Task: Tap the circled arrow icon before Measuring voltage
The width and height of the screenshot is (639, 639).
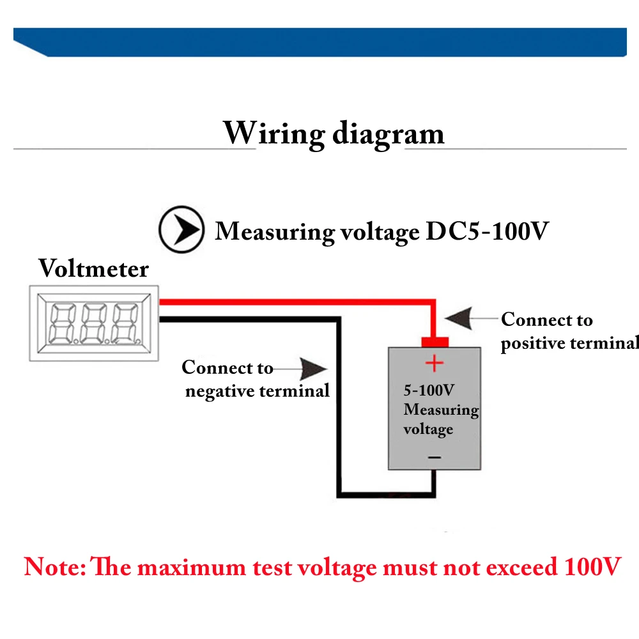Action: [181, 229]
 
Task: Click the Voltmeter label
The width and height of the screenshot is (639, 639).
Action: [93, 268]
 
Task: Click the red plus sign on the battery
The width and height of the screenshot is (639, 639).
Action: [435, 364]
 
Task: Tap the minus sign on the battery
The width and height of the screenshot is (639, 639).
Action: [434, 457]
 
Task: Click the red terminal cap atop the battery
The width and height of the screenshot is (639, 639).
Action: [435, 341]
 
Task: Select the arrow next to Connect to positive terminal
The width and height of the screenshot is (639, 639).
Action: [463, 317]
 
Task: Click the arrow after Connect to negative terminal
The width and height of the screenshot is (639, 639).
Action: [311, 369]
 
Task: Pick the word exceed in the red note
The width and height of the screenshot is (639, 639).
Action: [518, 567]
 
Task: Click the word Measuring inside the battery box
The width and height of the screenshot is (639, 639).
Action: [441, 410]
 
